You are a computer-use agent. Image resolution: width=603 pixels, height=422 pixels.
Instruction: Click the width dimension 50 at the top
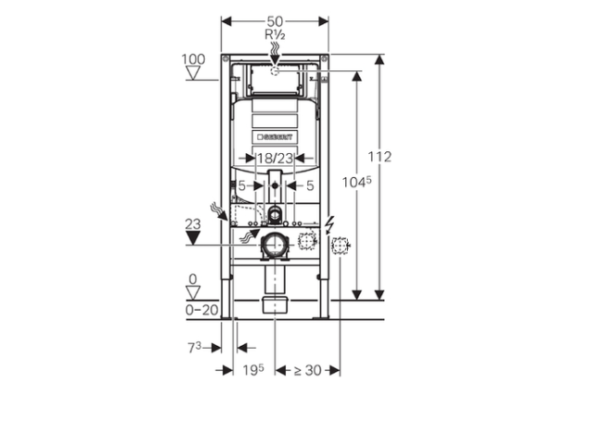tap(275, 20)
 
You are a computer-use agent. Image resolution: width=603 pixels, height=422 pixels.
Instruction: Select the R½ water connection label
tap(275, 34)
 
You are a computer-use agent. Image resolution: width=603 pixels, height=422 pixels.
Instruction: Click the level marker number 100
tap(193, 59)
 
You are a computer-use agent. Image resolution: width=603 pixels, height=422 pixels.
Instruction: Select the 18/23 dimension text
tap(274, 159)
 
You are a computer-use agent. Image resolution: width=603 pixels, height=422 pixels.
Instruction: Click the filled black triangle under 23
tap(193, 237)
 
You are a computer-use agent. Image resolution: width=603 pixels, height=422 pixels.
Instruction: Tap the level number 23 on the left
tap(193, 223)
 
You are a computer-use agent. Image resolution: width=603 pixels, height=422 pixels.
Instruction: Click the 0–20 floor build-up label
tap(202, 310)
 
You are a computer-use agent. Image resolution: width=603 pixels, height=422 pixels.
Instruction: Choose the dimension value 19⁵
tap(253, 370)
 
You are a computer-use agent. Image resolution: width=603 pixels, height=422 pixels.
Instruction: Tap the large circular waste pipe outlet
tap(274, 245)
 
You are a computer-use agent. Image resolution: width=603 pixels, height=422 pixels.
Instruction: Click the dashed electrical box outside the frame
tap(340, 245)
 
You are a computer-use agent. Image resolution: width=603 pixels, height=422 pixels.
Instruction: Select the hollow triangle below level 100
tap(193, 73)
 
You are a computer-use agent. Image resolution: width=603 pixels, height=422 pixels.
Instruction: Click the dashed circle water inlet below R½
tap(275, 70)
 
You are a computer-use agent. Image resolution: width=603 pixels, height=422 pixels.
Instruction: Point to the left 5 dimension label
tap(242, 185)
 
